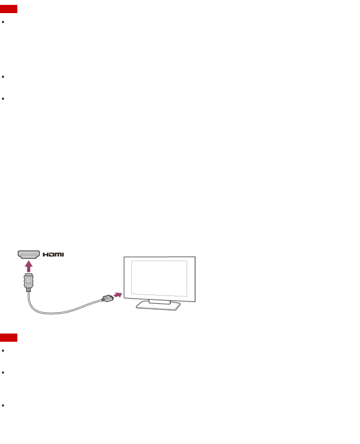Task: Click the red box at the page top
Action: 9,9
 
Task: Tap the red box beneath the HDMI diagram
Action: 9,337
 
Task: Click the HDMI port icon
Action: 29,254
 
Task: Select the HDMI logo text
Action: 53,254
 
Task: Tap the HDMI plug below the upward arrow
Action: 29,281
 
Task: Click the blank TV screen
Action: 159,278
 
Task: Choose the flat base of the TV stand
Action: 158,306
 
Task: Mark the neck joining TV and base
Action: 159,302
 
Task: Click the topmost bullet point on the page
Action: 3,22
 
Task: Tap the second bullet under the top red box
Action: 3,77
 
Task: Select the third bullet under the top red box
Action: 3,99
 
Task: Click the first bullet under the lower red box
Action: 3,351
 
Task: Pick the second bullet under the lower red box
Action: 3,372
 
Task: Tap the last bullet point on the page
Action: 3,405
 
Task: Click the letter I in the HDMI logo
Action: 63,254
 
